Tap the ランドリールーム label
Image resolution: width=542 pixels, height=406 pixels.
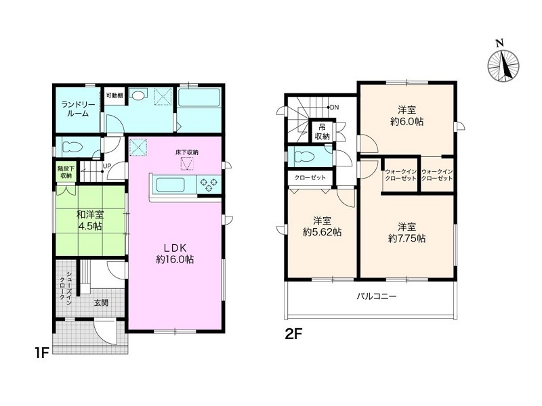(x=74, y=108)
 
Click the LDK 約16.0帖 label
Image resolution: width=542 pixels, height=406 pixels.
(x=175, y=252)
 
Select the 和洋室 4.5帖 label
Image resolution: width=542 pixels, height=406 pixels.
(x=89, y=220)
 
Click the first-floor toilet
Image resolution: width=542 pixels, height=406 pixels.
(x=72, y=146)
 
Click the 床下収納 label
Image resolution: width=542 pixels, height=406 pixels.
(x=187, y=152)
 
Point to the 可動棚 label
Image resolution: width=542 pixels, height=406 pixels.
(x=114, y=96)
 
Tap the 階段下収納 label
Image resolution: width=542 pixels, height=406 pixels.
(x=65, y=172)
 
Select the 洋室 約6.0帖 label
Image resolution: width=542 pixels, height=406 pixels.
(x=406, y=116)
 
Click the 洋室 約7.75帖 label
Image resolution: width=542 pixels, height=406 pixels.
(x=406, y=232)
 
